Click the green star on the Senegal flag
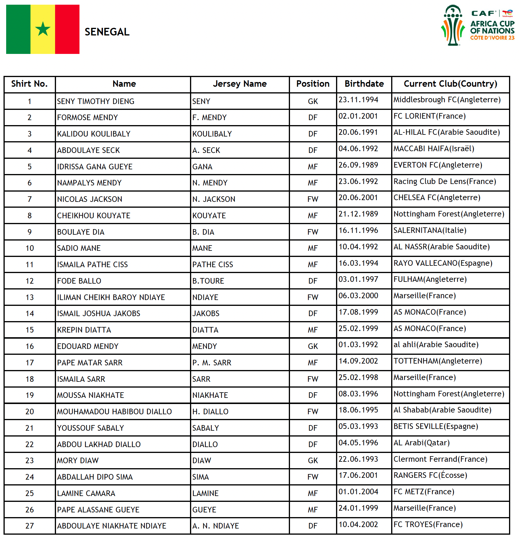click(43, 29)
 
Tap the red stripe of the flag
click(67, 29)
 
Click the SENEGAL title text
click(107, 32)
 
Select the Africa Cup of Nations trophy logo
click(453, 25)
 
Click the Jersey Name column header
click(240, 84)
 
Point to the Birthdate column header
click(364, 84)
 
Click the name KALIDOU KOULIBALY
click(94, 134)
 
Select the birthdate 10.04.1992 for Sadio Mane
click(358, 247)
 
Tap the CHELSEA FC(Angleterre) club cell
click(437, 197)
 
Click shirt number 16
click(30, 346)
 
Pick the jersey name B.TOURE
click(208, 281)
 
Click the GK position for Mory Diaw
click(313, 461)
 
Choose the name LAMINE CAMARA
click(86, 493)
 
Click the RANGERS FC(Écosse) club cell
click(430, 475)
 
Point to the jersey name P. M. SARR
click(212, 363)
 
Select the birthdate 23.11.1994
click(358, 100)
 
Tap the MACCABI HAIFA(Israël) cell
click(434, 149)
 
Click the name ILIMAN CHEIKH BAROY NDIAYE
click(111, 297)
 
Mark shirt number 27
click(30, 526)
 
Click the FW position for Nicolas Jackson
click(313, 199)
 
